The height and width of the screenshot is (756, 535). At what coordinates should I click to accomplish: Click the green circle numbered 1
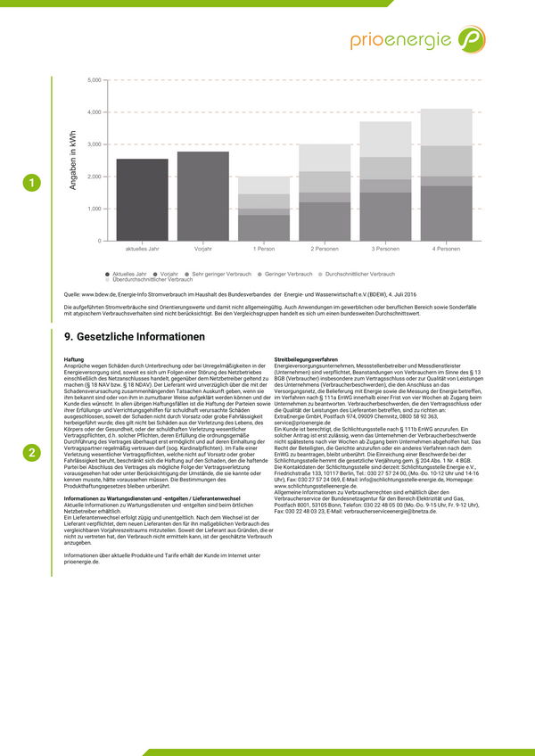click(x=32, y=184)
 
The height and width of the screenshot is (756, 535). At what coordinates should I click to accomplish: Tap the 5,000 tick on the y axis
click(x=95, y=80)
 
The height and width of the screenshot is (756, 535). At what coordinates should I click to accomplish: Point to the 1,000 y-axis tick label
click(x=95, y=209)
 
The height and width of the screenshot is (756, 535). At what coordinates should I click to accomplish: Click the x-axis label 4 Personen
click(x=446, y=248)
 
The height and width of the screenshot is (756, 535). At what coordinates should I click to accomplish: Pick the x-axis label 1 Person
click(x=264, y=248)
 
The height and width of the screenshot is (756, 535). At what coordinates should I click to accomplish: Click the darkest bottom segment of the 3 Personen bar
click(x=385, y=217)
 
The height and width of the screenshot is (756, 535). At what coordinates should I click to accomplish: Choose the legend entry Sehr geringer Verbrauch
click(x=219, y=274)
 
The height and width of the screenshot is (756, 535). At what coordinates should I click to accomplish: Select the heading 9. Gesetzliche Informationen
click(x=135, y=337)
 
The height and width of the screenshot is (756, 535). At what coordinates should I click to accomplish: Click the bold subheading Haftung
click(x=74, y=359)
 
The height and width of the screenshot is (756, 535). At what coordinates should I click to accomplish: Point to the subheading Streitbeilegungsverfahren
click(x=306, y=359)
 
